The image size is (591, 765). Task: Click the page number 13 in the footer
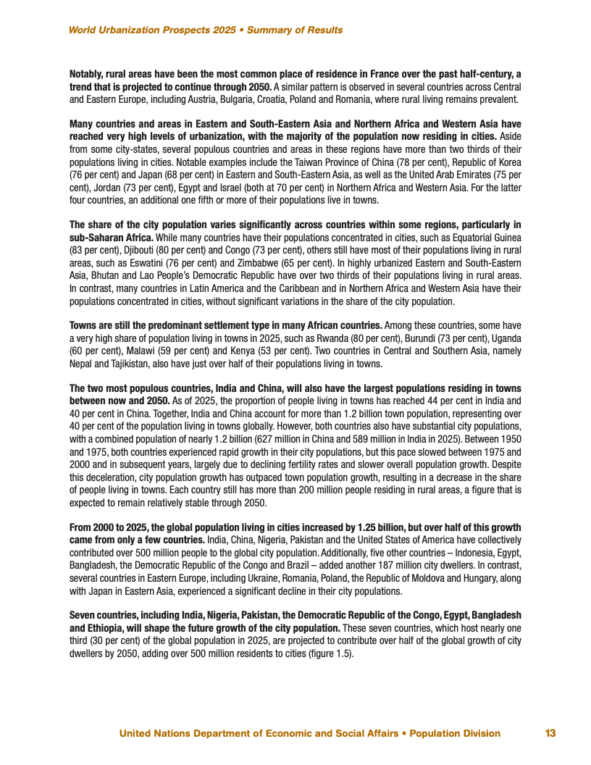[x=550, y=733]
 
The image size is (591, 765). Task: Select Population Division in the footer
[x=455, y=733]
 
